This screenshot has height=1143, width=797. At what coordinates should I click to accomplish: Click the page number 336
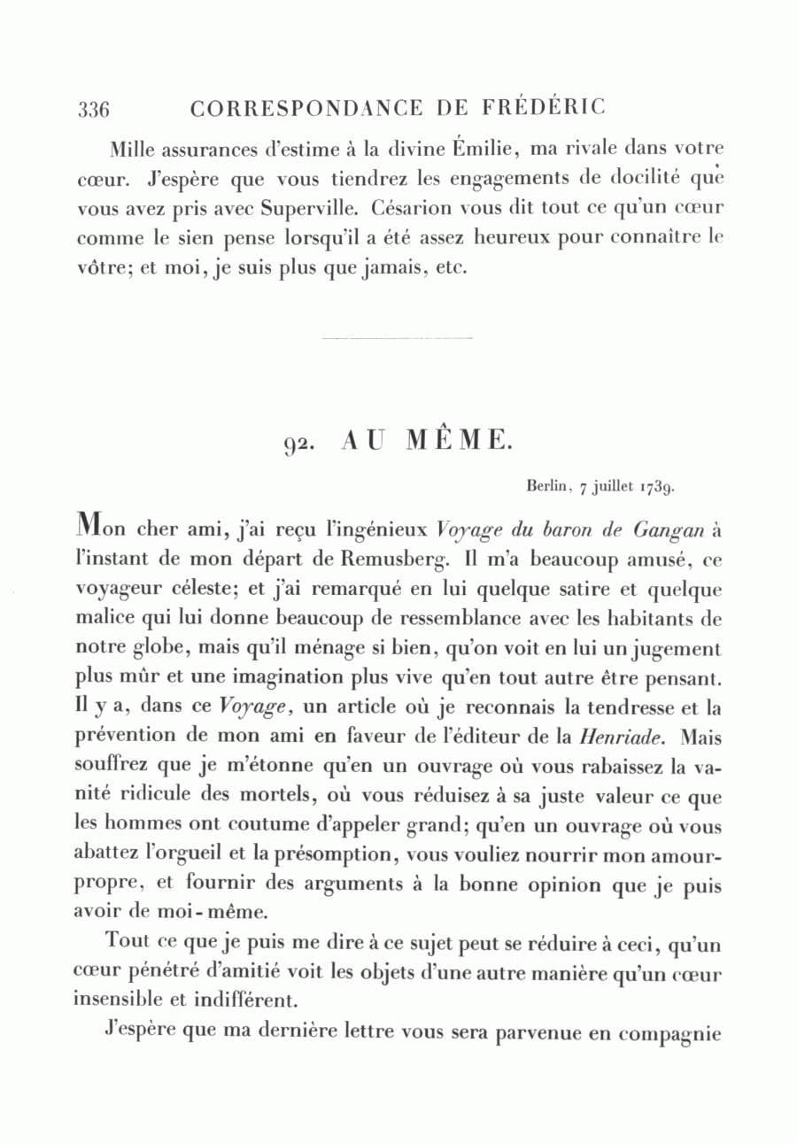pos(93,110)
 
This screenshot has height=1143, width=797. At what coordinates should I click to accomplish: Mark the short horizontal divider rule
pos(398,338)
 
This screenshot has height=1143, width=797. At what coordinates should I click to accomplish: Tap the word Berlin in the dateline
pos(544,486)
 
